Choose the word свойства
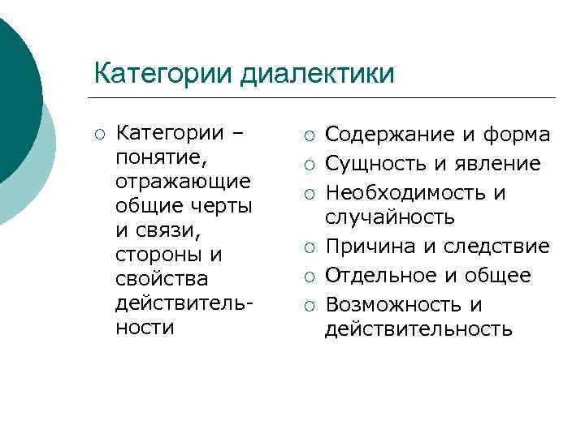click(162, 278)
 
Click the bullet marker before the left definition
click(99, 133)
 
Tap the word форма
click(516, 134)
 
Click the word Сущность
click(375, 164)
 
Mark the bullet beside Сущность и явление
click(307, 165)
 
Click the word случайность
click(390, 217)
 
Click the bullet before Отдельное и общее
click(307, 277)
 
